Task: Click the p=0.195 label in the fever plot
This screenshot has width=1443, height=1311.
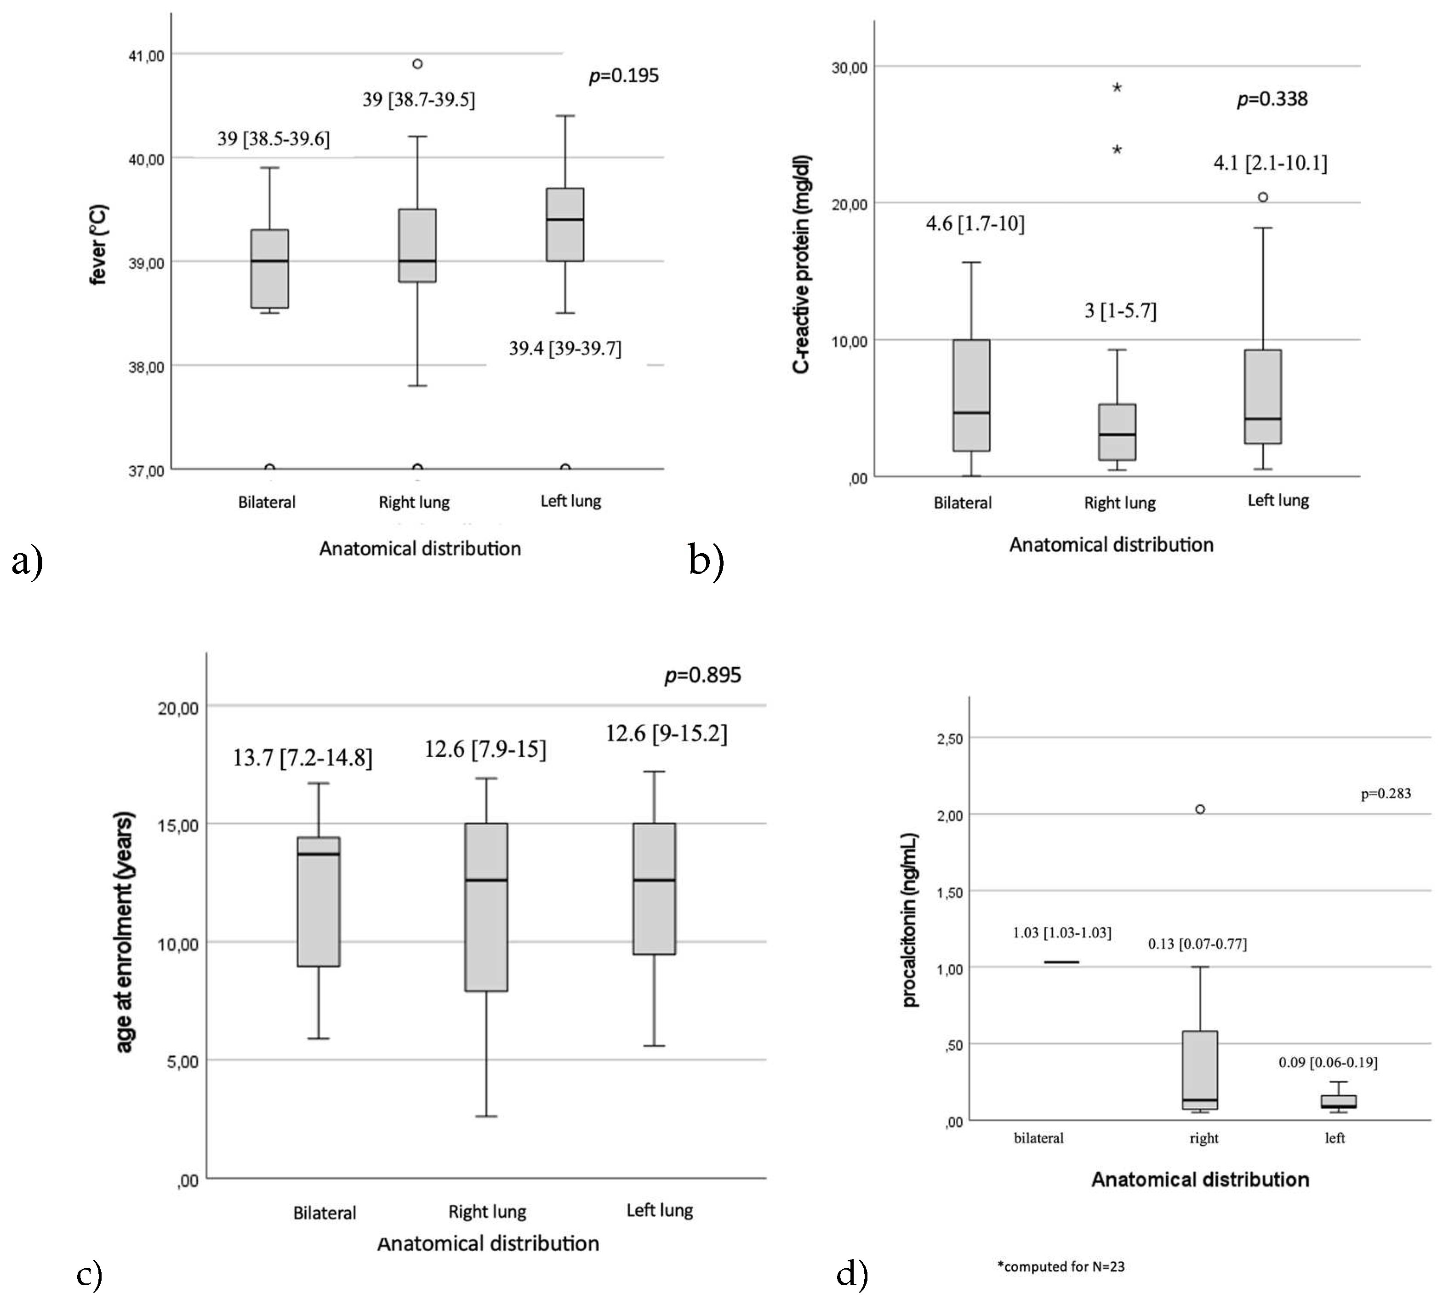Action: (x=623, y=76)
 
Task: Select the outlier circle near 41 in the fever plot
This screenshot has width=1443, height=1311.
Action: (x=417, y=64)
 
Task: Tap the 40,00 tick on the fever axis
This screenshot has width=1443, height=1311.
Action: (x=146, y=159)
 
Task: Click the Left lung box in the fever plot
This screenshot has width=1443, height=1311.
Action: (x=565, y=225)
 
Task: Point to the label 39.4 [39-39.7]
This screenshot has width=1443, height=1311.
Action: (x=565, y=349)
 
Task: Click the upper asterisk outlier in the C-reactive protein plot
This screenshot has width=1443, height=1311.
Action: (x=1117, y=88)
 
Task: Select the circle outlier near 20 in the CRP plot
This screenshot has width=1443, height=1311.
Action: (x=1263, y=197)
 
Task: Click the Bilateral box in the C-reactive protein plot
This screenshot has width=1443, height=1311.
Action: (x=971, y=395)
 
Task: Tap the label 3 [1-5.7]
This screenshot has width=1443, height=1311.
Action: (x=1120, y=311)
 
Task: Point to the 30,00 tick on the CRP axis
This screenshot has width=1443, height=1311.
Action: (x=849, y=67)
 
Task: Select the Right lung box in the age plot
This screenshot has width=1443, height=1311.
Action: (x=487, y=907)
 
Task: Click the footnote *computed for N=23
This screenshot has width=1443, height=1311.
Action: (x=1061, y=1266)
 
